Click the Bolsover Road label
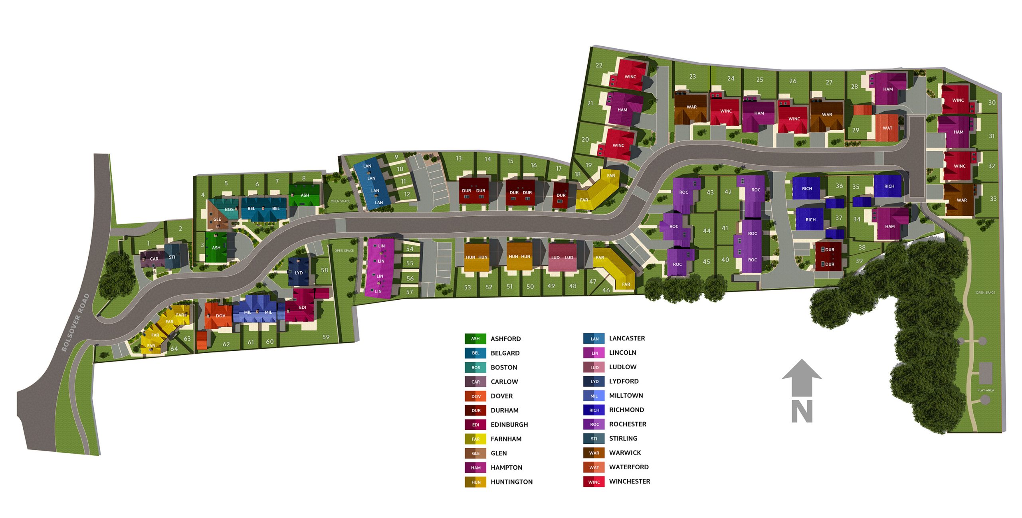click(x=75, y=322)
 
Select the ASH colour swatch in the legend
click(x=475, y=339)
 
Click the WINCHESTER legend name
click(x=629, y=481)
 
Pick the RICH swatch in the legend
click(x=594, y=410)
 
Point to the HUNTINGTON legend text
click(x=511, y=482)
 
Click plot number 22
click(x=599, y=65)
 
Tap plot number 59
click(x=326, y=337)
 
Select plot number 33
click(x=993, y=199)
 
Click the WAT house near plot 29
click(x=887, y=128)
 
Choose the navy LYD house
click(x=299, y=273)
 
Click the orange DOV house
click(x=220, y=316)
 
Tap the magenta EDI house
click(x=302, y=307)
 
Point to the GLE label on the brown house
click(x=217, y=219)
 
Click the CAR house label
click(x=154, y=259)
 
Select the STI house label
click(x=172, y=257)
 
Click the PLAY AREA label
click(x=985, y=390)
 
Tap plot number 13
click(x=459, y=158)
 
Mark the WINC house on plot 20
click(x=618, y=145)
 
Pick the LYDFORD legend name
click(x=624, y=381)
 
